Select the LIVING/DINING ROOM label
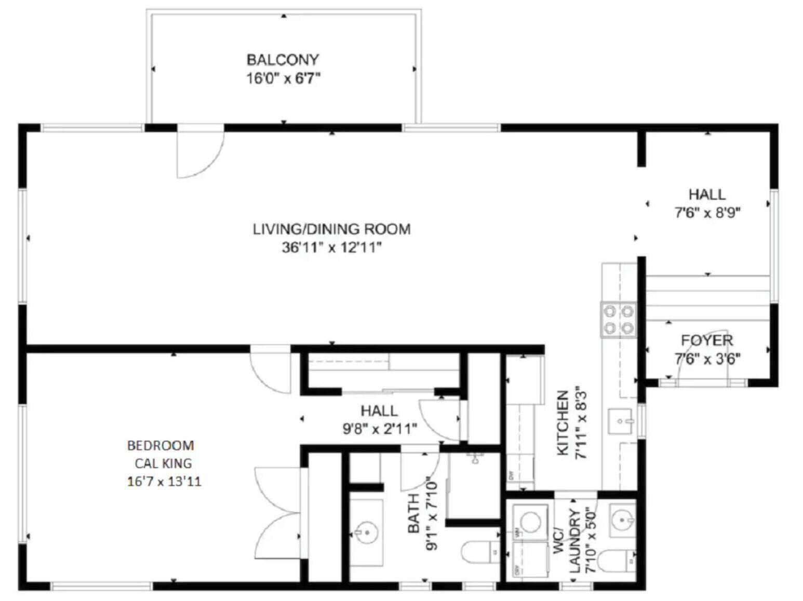(331, 229)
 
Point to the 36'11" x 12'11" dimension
(331, 248)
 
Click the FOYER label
(707, 340)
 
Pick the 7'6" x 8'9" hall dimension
(707, 213)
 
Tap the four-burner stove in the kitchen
(619, 320)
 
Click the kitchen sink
(621, 421)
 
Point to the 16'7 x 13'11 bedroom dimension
(164, 482)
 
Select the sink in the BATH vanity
(366, 532)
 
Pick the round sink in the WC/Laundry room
(622, 518)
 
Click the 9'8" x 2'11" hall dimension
(379, 429)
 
